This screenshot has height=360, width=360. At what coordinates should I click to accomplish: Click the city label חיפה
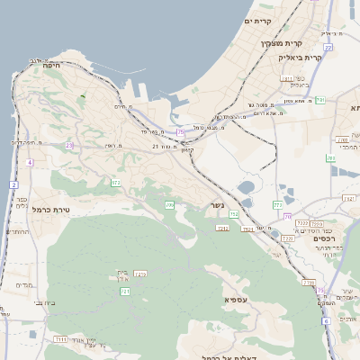pos(51,65)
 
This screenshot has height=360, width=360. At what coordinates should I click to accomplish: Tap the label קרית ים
pos(258,20)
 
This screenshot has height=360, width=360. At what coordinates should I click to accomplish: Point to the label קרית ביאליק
pos(300,57)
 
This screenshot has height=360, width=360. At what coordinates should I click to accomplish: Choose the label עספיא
pos(237,297)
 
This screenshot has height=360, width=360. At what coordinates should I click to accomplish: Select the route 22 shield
pos(328,47)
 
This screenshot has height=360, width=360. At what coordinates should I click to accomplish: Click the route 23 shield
pos(68,145)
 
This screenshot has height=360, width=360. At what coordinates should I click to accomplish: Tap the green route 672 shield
pos(115,183)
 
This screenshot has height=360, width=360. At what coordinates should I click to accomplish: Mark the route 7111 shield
pos(60,339)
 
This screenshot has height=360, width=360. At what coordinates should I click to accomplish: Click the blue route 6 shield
pos(326,321)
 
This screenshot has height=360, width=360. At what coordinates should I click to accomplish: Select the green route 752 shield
pos(233,214)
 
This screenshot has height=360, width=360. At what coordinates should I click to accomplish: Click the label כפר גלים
pos(22,202)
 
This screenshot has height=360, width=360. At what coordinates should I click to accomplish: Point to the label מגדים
pos(24,285)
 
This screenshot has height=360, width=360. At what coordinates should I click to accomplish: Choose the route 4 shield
pos(30,163)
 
